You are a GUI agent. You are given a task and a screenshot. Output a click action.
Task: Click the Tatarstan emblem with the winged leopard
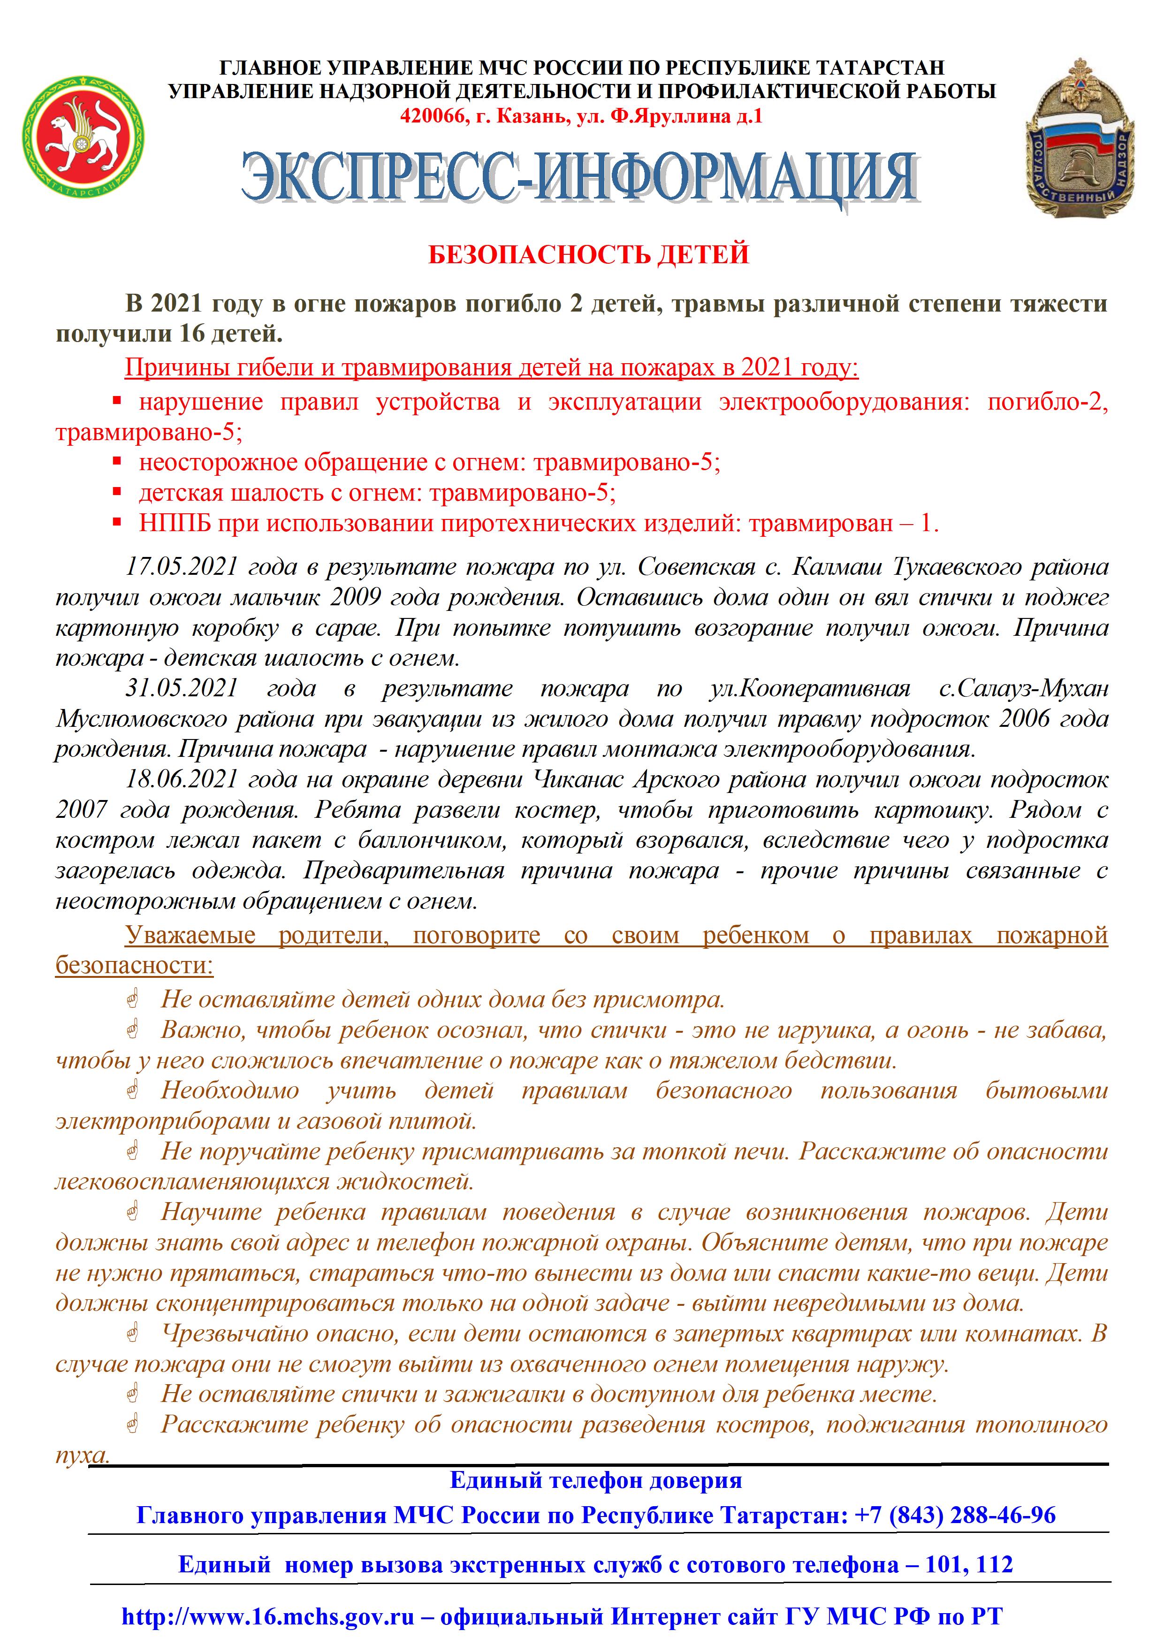click(x=83, y=138)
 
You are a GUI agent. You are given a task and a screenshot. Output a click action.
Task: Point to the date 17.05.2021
click(x=182, y=567)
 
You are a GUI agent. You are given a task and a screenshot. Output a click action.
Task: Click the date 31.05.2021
click(x=182, y=689)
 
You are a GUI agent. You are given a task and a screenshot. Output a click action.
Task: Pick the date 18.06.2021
click(x=182, y=780)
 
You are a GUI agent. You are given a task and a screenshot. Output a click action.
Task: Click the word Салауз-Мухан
click(x=1023, y=689)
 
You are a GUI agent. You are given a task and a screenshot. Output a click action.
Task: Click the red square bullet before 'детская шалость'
click(x=118, y=493)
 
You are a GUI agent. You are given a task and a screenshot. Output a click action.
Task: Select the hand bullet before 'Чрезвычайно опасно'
click(x=133, y=1334)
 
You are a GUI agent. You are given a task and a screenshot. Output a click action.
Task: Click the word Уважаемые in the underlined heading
click(x=190, y=936)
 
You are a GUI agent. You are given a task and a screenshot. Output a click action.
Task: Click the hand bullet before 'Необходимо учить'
click(x=133, y=1091)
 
